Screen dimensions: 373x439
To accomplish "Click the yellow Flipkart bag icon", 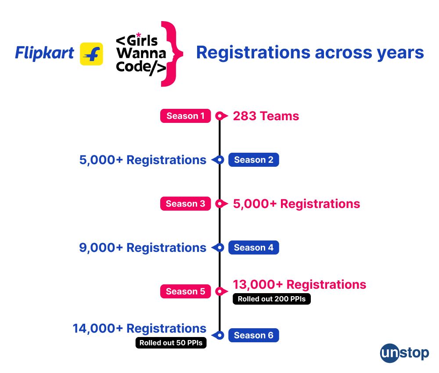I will (91, 54).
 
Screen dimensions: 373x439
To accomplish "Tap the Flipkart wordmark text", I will (45, 53).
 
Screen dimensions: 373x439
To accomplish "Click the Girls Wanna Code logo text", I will (140, 54).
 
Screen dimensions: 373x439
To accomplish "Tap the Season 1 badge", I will (185, 116).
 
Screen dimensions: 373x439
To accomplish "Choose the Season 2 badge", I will (253, 160).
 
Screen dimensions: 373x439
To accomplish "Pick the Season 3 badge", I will (185, 204).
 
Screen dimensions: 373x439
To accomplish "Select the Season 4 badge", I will (253, 247).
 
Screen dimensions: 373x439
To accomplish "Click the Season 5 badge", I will (185, 291).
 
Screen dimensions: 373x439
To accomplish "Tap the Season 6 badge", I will (253, 335).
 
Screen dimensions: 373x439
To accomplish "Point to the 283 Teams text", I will (266, 116).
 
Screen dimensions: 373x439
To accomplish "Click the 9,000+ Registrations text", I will (143, 247).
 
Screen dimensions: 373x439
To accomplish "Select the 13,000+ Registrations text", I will (299, 284).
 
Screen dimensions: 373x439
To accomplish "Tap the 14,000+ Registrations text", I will (139, 328).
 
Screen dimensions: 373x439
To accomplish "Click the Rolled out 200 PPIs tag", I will (271, 299).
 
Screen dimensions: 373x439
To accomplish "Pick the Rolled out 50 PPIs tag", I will (171, 343).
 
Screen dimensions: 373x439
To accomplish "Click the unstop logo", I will (404, 353).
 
